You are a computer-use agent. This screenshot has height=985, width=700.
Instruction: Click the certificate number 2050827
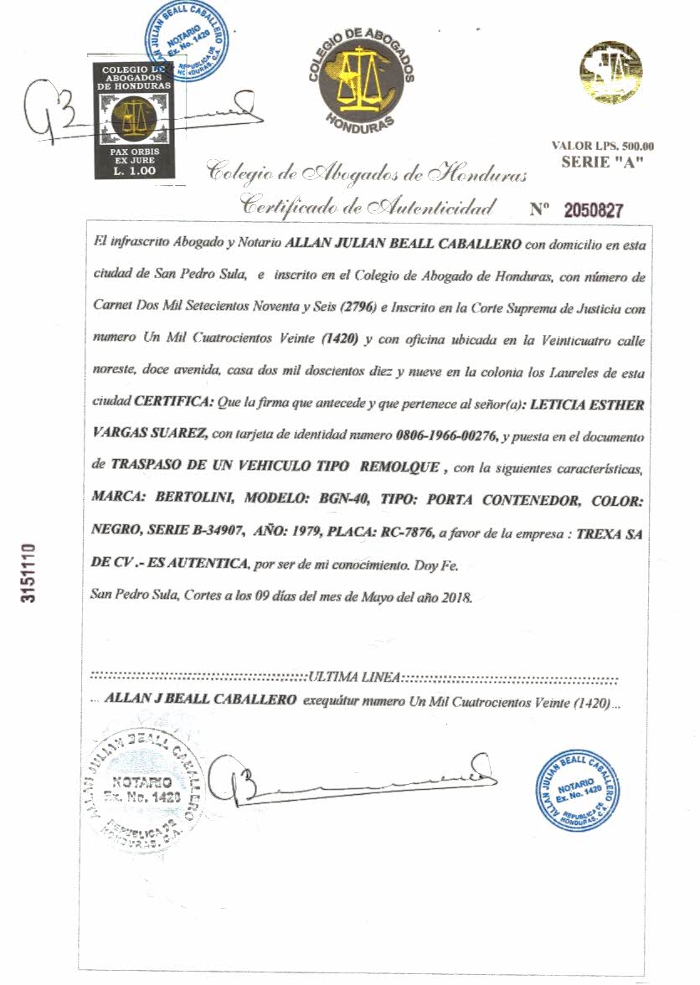[x=593, y=210]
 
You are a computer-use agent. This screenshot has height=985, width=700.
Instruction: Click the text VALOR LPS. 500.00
[x=603, y=146]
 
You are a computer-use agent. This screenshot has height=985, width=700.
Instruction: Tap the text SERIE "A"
[x=602, y=162]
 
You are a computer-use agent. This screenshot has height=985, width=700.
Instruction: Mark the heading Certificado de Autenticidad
[x=368, y=204]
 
